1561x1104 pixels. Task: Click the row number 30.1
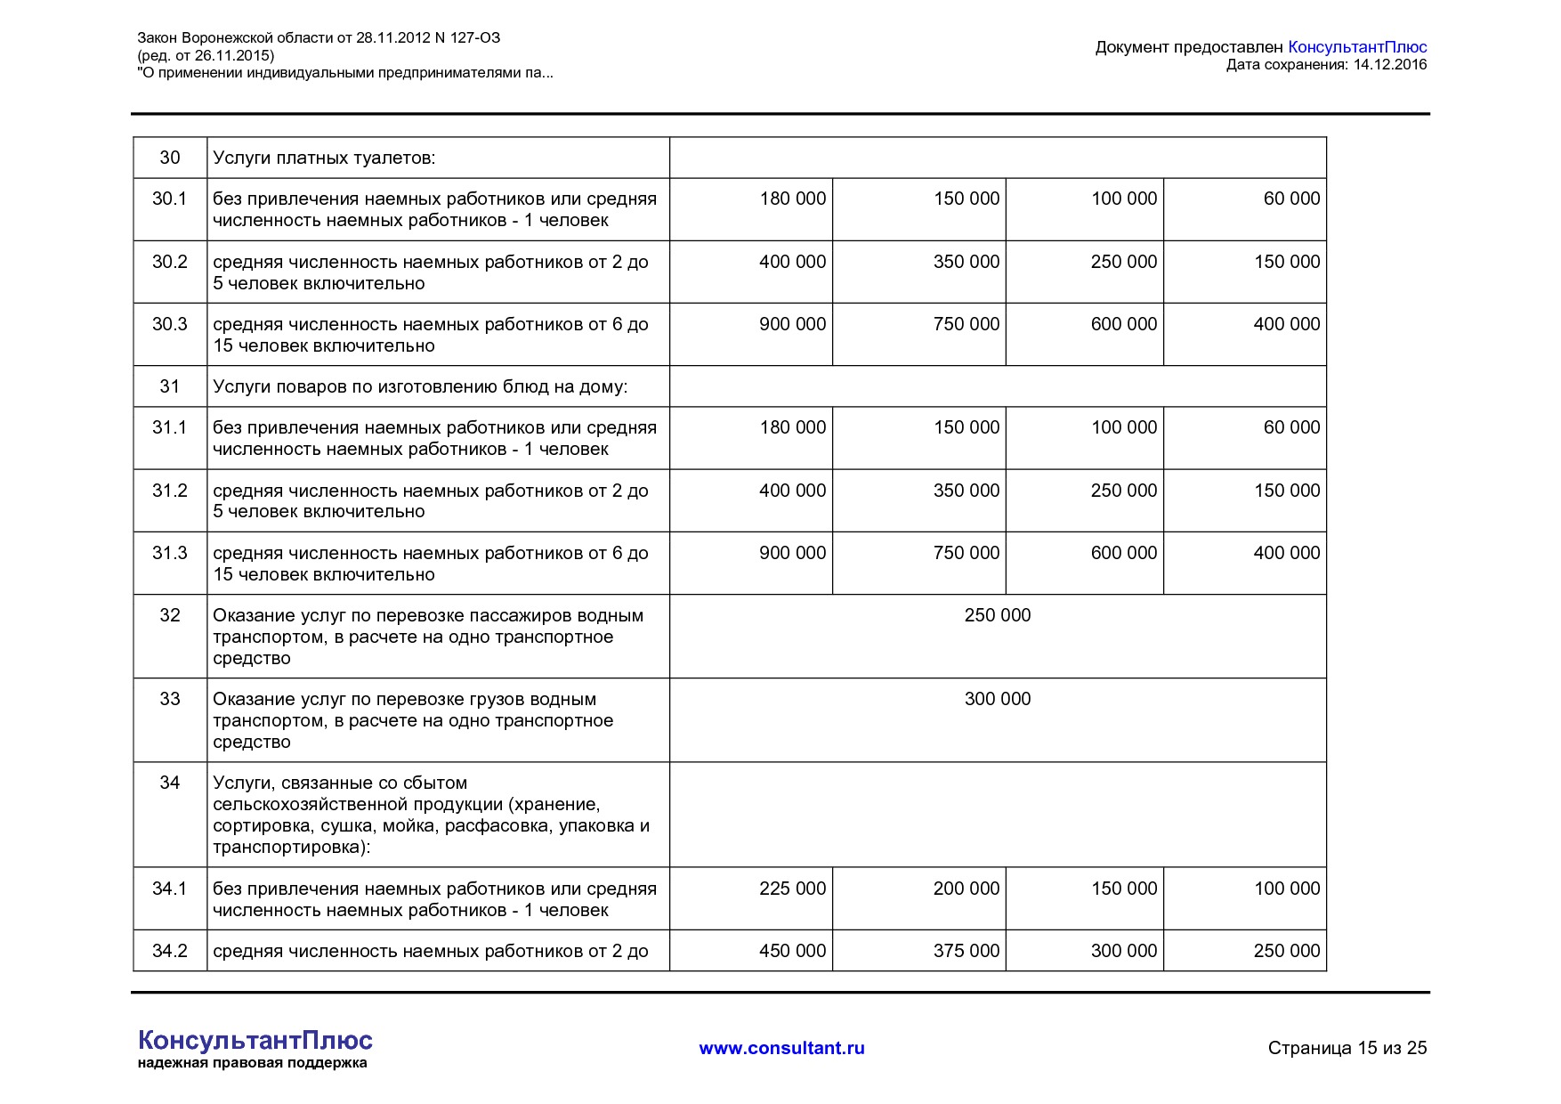click(x=169, y=199)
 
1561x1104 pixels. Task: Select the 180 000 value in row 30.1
click(x=792, y=199)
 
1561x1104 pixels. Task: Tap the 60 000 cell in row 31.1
click(x=1291, y=427)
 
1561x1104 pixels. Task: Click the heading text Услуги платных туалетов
click(x=324, y=158)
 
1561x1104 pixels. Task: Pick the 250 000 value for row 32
click(x=997, y=615)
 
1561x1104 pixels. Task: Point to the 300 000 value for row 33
click(x=997, y=699)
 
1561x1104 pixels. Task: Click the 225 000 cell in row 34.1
click(x=792, y=889)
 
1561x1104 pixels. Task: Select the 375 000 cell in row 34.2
click(x=966, y=951)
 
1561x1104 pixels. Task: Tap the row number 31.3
click(x=169, y=553)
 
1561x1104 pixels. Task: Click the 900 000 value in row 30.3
click(x=792, y=324)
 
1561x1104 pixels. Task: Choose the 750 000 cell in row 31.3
click(x=966, y=553)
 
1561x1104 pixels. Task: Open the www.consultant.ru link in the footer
click(x=781, y=1048)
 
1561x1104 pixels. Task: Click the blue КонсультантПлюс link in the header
click(x=1357, y=47)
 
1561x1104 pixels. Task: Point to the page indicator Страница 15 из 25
click(x=1347, y=1048)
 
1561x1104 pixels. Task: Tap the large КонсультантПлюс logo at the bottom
click(x=255, y=1040)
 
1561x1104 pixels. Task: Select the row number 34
click(x=169, y=783)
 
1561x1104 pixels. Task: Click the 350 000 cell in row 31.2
click(x=966, y=491)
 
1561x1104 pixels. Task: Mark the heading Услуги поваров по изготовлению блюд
click(x=420, y=386)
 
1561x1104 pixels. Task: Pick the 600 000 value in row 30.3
click(x=1123, y=324)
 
